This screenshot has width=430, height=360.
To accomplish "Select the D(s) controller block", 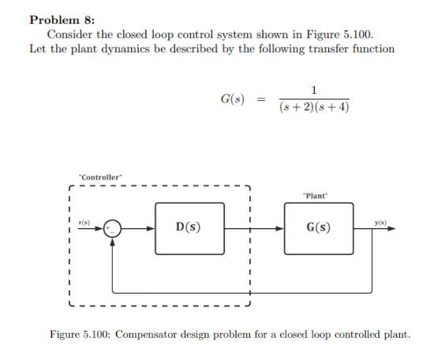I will (x=189, y=228).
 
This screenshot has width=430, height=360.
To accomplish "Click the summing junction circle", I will (x=114, y=229).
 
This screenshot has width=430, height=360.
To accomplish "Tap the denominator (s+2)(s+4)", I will (x=315, y=108).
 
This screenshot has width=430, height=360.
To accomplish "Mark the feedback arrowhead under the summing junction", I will (x=114, y=242).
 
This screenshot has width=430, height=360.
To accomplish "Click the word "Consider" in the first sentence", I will (x=69, y=35).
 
